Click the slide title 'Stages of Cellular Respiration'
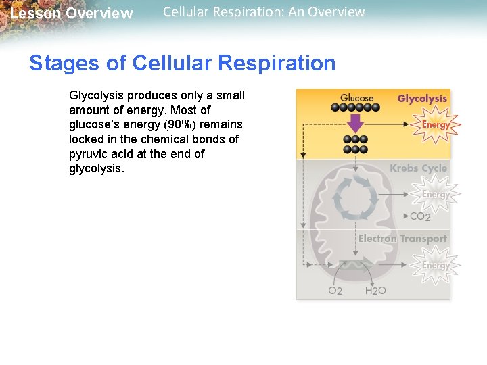click(x=182, y=63)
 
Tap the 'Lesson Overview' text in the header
click(x=72, y=14)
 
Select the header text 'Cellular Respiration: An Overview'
click(x=264, y=12)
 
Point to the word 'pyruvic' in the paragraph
click(x=89, y=154)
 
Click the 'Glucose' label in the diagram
click(x=356, y=98)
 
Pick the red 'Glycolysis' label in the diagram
click(x=422, y=99)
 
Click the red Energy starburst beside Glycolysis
click(x=436, y=125)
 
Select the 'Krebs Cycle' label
click(x=418, y=168)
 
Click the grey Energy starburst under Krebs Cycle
click(x=436, y=195)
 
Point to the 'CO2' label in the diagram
click(x=420, y=217)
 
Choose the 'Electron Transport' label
click(x=402, y=239)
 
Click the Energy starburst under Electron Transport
click(x=436, y=265)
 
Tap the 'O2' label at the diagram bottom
click(x=335, y=291)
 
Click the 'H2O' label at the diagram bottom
click(x=375, y=291)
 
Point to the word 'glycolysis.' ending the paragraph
click(x=97, y=169)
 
